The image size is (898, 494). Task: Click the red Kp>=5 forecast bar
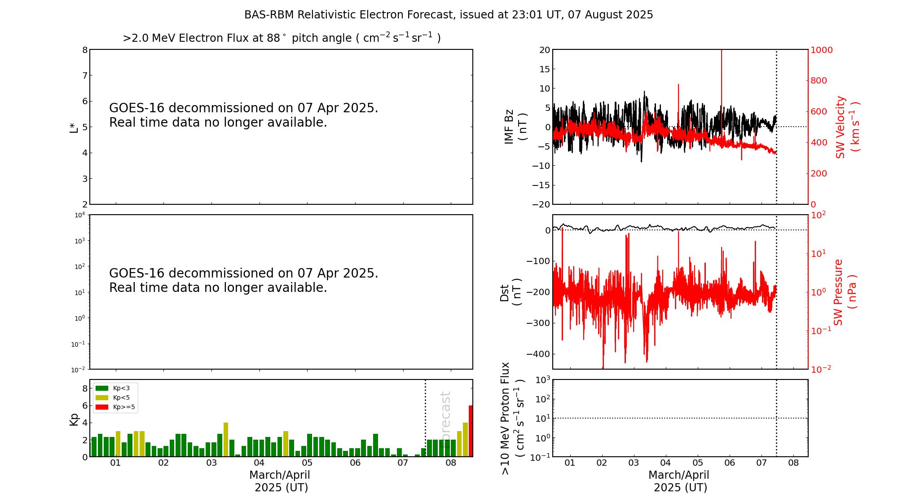pyautogui.click(x=471, y=431)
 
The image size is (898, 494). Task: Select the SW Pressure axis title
pyautogui.click(x=845, y=292)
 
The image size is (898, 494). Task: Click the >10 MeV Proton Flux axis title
pyautogui.click(x=512, y=418)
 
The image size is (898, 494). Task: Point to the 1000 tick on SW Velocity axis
pyautogui.click(x=821, y=50)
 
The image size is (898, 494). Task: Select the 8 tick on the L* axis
pyautogui.click(x=85, y=50)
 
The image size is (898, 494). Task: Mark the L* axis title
pyautogui.click(x=74, y=127)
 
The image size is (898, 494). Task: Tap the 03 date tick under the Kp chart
pyautogui.click(x=211, y=463)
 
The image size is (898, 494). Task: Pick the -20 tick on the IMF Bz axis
pyautogui.click(x=541, y=204)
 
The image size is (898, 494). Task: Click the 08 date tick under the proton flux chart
pyautogui.click(x=793, y=463)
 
